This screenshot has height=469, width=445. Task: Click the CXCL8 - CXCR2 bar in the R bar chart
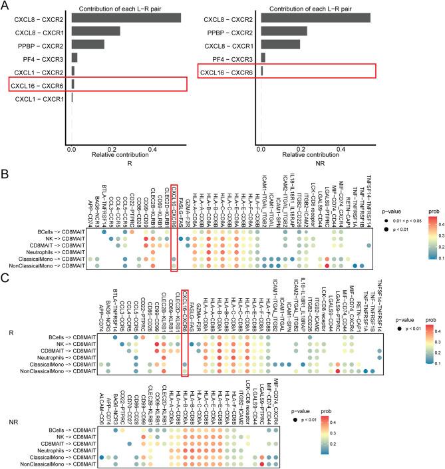[126, 16]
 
